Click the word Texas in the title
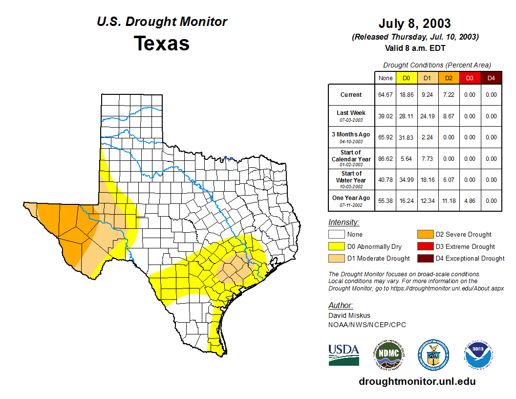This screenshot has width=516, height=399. pyautogui.click(x=162, y=44)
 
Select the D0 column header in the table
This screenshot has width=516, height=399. pyautogui.click(x=406, y=78)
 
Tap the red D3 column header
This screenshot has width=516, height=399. pyautogui.click(x=470, y=78)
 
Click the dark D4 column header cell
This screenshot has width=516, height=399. pyautogui.click(x=491, y=78)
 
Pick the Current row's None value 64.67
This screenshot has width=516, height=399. pyautogui.click(x=385, y=95)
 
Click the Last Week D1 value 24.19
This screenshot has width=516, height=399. pyautogui.click(x=427, y=116)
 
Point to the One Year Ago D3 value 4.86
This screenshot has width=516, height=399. pyautogui.click(x=470, y=201)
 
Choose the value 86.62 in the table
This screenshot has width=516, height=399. pyautogui.click(x=385, y=159)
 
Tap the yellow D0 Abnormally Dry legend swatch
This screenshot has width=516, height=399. pyautogui.click(x=336, y=246)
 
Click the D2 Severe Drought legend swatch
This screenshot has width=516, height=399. pyautogui.click(x=425, y=235)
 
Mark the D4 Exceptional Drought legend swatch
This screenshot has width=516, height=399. pyautogui.click(x=425, y=258)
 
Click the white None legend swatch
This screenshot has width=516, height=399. pyautogui.click(x=336, y=235)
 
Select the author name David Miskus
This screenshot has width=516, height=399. pyautogui.click(x=349, y=315)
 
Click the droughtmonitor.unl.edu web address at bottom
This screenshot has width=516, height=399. pyautogui.click(x=417, y=381)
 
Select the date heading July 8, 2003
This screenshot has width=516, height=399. pyautogui.click(x=414, y=23)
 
